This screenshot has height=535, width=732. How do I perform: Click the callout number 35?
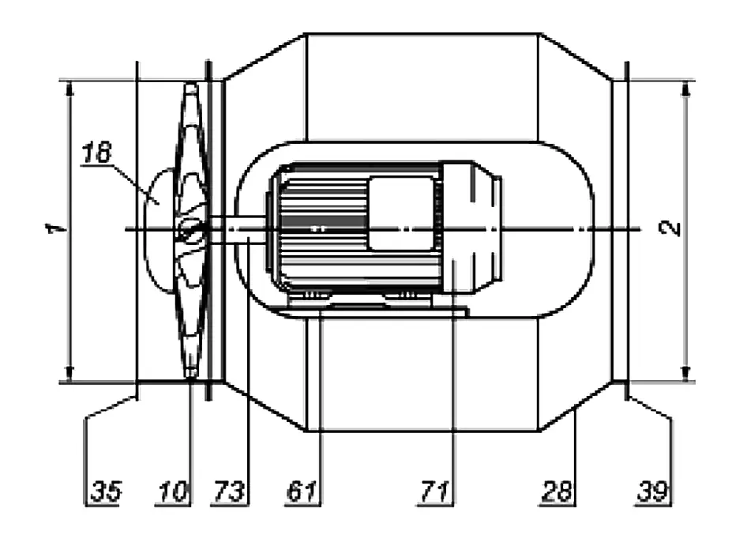pos(106,491)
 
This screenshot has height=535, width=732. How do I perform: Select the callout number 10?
pos(173,491)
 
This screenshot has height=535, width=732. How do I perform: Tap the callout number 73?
pos(229,491)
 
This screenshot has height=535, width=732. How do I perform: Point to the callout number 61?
pos(302,491)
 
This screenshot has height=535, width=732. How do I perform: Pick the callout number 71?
pos(435,491)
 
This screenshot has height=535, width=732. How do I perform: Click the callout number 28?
pos(557,491)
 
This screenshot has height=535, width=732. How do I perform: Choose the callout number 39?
pos(652,491)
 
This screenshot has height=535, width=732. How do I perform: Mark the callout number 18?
pos(96,153)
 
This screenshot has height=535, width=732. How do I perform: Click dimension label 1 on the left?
pos(55,229)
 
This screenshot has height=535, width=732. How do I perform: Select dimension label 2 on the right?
pos(670,228)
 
